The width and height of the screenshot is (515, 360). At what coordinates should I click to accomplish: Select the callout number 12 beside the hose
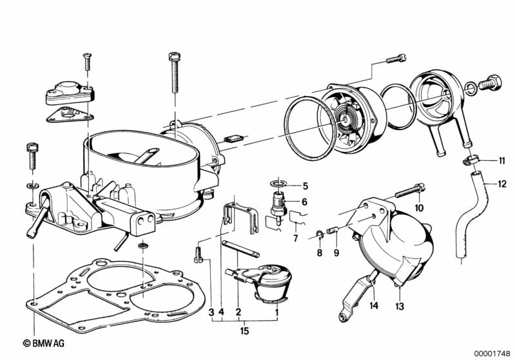tap(502, 183)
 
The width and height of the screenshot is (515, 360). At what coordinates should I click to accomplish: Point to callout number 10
tap(420, 207)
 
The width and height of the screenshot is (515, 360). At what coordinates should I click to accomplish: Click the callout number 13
tap(400, 306)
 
